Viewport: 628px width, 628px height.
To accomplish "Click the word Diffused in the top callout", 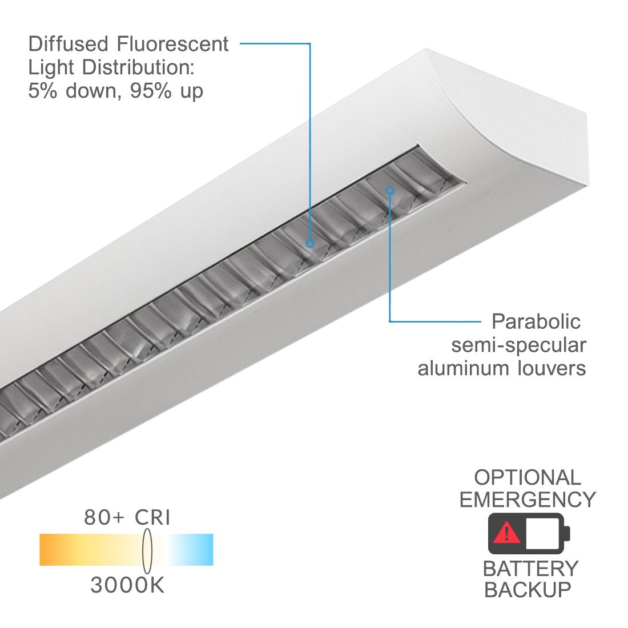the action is [68, 43].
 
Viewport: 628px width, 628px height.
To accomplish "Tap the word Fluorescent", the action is [172, 43].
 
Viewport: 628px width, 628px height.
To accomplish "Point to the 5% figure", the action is [42, 91].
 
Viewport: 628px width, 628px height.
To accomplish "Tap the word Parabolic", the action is [536, 321].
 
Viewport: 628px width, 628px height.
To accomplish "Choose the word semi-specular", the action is [518, 345].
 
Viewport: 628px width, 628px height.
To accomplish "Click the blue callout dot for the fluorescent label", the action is [309, 243].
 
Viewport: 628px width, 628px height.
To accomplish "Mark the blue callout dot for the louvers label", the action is [390, 190].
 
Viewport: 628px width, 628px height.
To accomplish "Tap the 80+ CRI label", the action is [127, 517].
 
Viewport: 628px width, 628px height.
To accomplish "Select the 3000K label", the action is [127, 585].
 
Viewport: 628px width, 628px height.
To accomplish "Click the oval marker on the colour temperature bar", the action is [147, 551].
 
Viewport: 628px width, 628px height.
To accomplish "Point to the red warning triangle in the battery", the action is [507, 532].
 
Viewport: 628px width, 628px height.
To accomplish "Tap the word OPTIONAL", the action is [528, 477].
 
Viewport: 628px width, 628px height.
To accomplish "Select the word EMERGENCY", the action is [528, 500].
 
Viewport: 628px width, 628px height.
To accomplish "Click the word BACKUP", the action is [528, 589].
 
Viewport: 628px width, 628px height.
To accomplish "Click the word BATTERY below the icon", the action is [531, 568].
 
